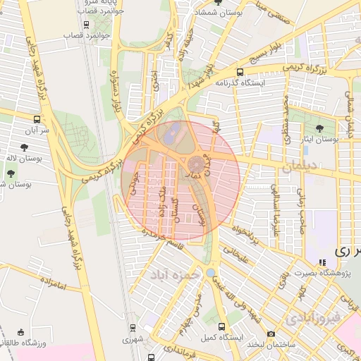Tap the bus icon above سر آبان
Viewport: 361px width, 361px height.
[x=37, y=119]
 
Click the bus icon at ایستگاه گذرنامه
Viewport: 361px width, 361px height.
[x=240, y=72]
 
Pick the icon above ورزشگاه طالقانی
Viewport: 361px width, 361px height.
[x=20, y=332]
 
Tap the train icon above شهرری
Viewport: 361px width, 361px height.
[x=133, y=328]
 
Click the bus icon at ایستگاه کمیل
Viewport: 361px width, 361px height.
[x=222, y=327]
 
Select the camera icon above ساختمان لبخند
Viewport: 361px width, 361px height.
[x=271, y=333]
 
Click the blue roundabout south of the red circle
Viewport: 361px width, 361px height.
[x=210, y=272]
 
